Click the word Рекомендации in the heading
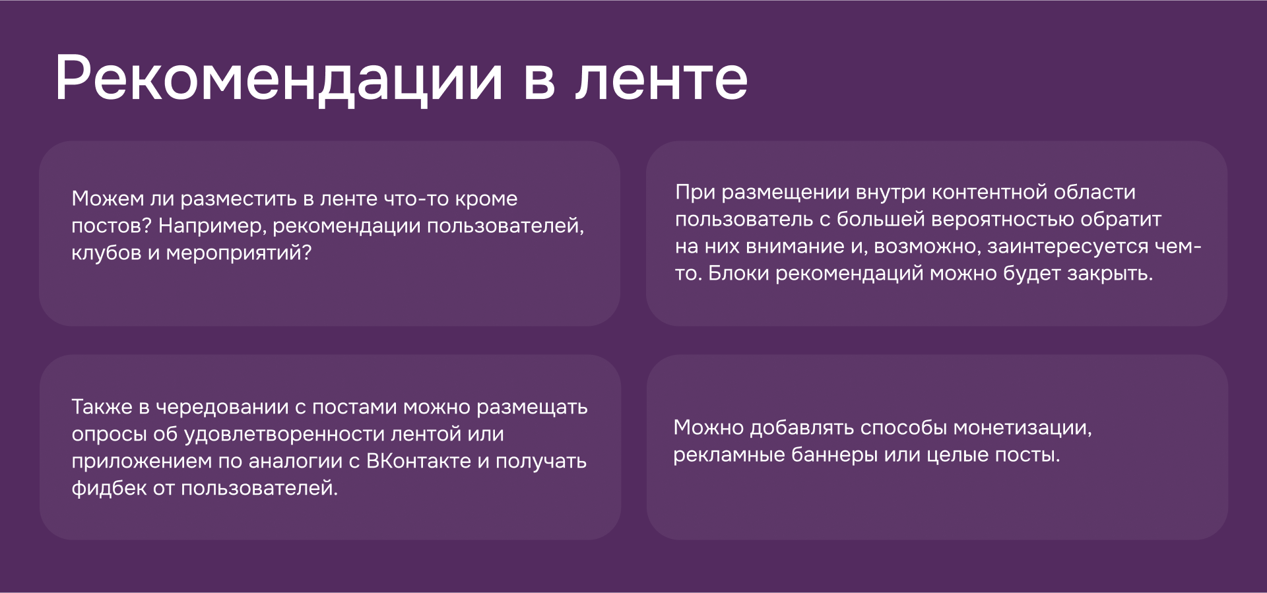278,79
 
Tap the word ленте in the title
661,79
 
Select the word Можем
108,199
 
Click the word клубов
106,253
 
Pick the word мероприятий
238,253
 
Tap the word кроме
486,199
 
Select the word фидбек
109,488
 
